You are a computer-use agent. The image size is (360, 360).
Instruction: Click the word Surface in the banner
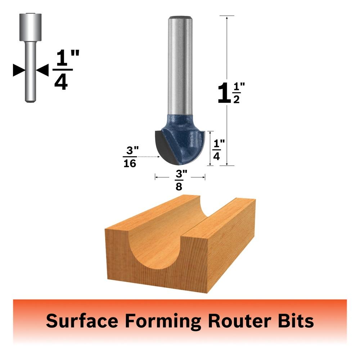tap(82, 320)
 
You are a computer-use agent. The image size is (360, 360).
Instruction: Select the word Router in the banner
tap(240, 320)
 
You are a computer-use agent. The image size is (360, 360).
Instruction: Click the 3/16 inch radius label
tap(131, 157)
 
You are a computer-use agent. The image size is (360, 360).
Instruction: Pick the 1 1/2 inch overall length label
tap(231, 93)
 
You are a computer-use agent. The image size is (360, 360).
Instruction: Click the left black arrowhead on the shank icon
tap(19, 70)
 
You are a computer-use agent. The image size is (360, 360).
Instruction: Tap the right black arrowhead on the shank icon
tap(42, 70)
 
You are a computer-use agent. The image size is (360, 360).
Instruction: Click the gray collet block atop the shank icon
tap(30, 27)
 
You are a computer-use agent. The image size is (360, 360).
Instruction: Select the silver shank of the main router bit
tap(180, 66)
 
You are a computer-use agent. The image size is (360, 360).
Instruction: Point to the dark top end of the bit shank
tap(180, 17)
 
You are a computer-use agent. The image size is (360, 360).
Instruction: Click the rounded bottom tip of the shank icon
tap(30, 100)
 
